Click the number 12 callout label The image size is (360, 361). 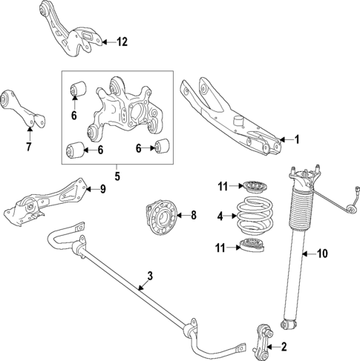tap(122, 42)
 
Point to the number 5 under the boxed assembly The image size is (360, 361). tap(116, 177)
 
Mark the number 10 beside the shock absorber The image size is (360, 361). tap(322, 254)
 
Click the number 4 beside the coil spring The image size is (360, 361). tap(219, 216)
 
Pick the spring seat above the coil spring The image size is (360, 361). tap(252, 187)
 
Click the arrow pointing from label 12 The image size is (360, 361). tap(106, 42)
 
